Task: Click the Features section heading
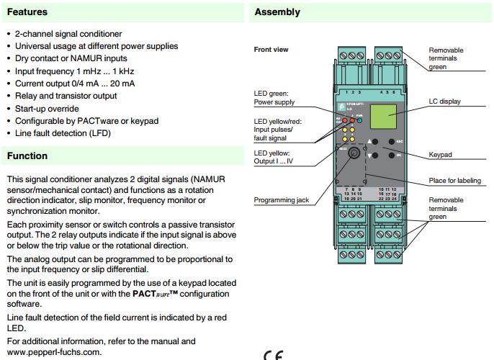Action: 27,12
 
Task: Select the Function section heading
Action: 27,156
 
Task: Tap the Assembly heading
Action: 277,12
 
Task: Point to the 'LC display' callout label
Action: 444,102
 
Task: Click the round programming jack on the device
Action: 353,154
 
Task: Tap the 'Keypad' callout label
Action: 440,155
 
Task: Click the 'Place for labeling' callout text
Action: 454,181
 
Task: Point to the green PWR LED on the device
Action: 359,118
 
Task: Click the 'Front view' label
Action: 271,50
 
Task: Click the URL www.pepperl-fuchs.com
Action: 53,352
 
